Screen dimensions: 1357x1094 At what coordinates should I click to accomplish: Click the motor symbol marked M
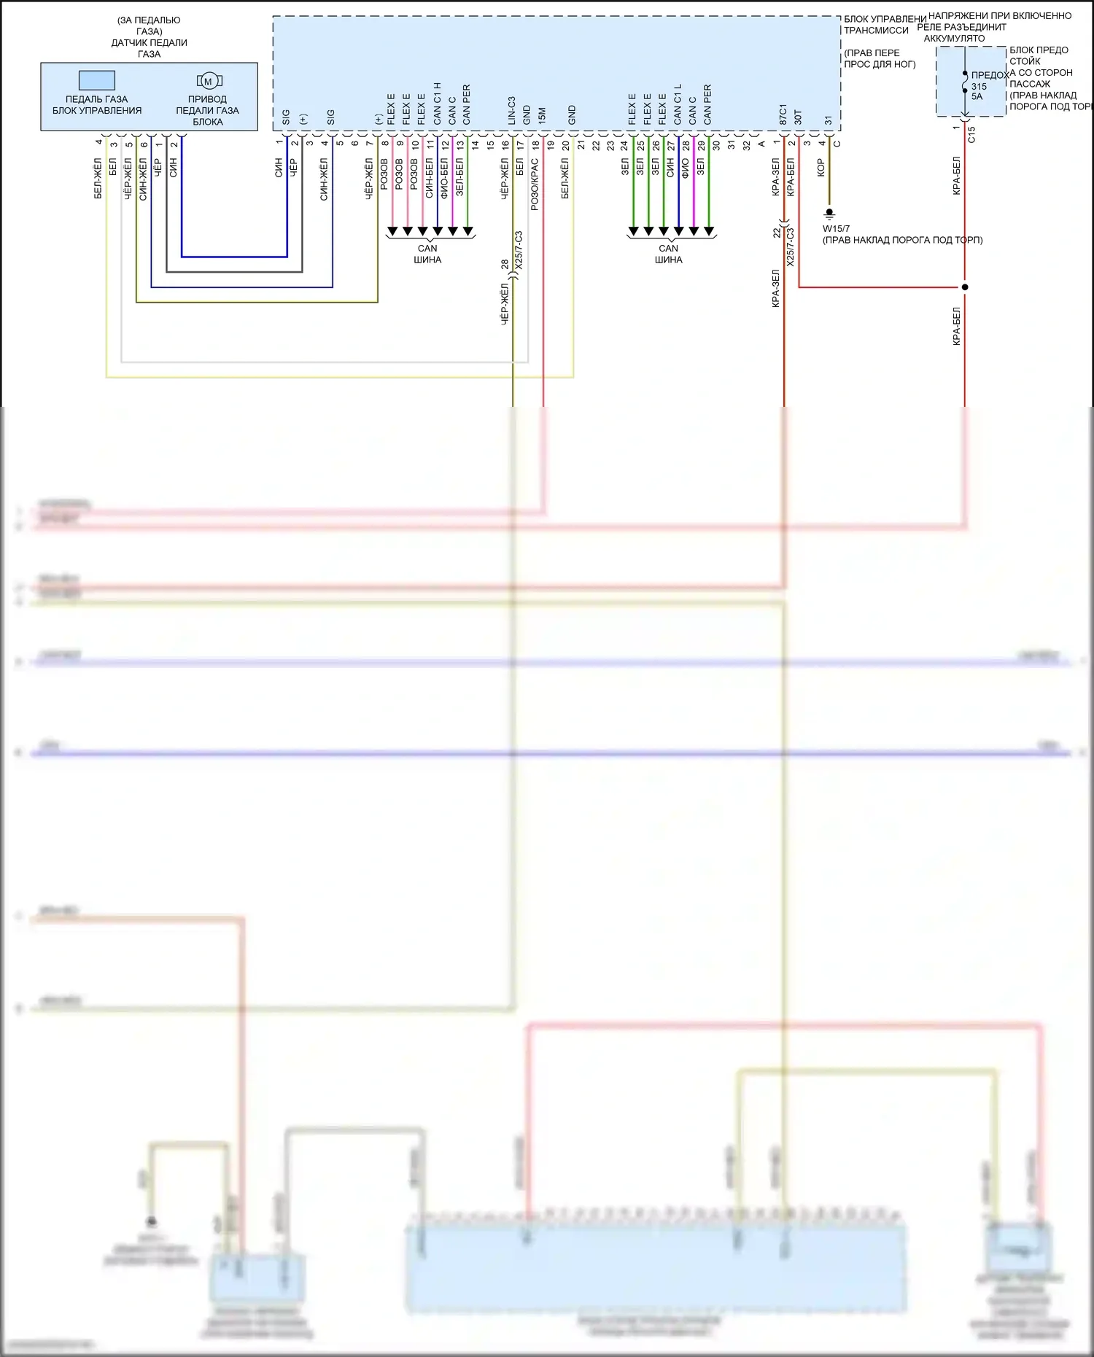point(209,81)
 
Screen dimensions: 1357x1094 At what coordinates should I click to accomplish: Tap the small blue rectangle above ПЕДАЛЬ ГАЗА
point(97,79)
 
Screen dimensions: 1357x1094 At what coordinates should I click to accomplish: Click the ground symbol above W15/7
point(829,215)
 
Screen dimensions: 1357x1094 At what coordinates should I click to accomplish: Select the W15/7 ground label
point(836,229)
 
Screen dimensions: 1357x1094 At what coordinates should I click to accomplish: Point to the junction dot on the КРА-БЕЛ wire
point(965,287)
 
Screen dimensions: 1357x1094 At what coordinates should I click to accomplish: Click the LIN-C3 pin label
point(511,110)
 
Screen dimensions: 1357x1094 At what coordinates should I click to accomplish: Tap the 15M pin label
point(542,116)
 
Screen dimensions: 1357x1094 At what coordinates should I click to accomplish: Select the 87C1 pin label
point(783,114)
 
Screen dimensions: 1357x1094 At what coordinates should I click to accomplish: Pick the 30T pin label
point(798,117)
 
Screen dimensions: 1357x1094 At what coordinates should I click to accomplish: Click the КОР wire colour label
point(820,168)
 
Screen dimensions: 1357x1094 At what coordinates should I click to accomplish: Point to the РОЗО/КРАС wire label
point(535,185)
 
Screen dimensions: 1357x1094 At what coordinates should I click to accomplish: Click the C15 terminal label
point(971,134)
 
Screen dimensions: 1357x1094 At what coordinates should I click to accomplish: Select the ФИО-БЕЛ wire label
point(444,179)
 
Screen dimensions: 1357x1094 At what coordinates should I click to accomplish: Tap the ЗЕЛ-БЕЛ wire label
point(459,177)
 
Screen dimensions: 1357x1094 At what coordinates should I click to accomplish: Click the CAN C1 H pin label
point(437,104)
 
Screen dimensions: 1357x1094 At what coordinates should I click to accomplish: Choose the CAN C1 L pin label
point(678,104)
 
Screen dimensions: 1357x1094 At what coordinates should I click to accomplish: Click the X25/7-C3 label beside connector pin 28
point(519,251)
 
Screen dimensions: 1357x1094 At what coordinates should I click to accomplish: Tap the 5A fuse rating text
point(977,96)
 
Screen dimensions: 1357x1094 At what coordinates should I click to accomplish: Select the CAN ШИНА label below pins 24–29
point(668,254)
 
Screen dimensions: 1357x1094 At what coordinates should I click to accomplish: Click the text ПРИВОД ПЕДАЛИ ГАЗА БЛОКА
point(207,110)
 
